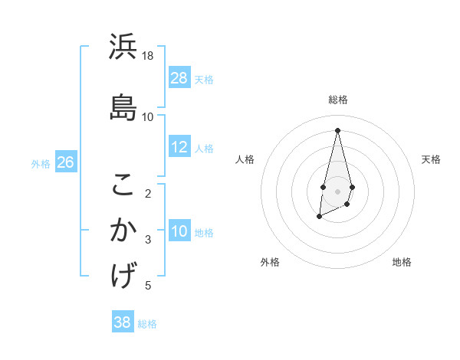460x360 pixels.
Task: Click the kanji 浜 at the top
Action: [x=123, y=47]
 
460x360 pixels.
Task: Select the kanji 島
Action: [x=123, y=108]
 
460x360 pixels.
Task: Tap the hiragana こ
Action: [x=123, y=185]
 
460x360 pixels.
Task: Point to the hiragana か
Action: [x=123, y=231]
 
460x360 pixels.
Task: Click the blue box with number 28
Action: [x=179, y=78]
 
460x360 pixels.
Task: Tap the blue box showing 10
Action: [x=179, y=231]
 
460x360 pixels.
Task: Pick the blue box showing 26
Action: [x=65, y=162]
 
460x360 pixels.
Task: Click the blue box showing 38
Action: [x=123, y=322]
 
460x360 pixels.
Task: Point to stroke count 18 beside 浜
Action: [x=148, y=56]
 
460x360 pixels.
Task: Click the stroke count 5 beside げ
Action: [x=149, y=286]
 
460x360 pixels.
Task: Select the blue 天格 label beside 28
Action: [x=204, y=79]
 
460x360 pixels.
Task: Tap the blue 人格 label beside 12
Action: [x=204, y=148]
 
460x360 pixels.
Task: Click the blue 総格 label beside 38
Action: [x=147, y=323]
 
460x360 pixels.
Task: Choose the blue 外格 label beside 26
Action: [x=41, y=163]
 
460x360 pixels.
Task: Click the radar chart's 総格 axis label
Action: [x=338, y=100]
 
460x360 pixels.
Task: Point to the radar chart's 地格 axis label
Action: [x=402, y=262]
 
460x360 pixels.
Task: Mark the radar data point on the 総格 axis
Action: [x=338, y=129]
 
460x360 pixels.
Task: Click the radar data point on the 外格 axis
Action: [x=319, y=218]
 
